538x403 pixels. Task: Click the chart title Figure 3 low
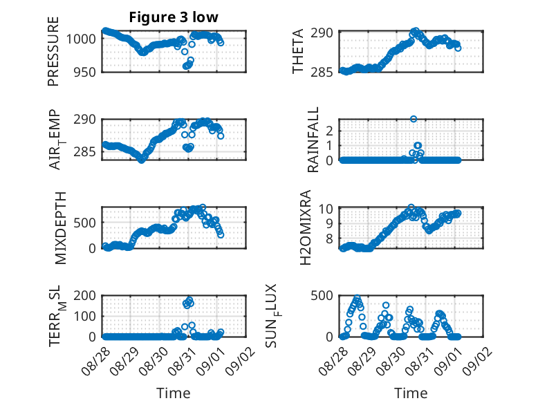coord(174,17)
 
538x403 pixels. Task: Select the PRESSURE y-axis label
coord(53,51)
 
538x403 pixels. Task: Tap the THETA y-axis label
coord(298,51)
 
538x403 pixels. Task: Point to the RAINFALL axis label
coord(313,140)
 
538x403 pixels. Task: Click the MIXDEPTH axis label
coord(60,228)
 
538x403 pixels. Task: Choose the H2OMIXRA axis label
coord(305,227)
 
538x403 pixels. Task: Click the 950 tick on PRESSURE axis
coord(85,73)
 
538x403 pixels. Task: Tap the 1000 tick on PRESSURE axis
coord(81,39)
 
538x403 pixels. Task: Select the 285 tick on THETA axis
coord(322,73)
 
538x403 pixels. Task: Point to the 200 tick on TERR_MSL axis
coord(85,295)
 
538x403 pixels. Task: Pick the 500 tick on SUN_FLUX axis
coord(322,295)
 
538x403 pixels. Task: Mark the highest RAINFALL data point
coord(414,119)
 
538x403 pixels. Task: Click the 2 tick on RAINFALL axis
coord(330,131)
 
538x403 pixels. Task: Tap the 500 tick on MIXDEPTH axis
coord(85,223)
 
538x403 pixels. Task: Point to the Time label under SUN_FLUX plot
coord(411,393)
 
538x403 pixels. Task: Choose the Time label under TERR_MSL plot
coord(174,393)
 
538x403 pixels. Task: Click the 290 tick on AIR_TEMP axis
coord(85,120)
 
